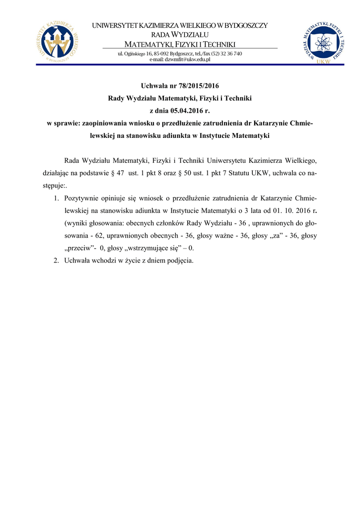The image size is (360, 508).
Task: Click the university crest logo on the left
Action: (58, 42)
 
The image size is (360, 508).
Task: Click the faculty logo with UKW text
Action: (322, 43)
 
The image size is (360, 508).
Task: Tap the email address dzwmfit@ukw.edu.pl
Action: (180, 60)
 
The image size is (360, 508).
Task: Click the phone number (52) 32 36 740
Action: (226, 54)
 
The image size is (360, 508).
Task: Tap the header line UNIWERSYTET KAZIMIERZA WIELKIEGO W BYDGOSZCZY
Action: (180, 26)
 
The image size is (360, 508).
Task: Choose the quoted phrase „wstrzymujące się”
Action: (154, 249)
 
